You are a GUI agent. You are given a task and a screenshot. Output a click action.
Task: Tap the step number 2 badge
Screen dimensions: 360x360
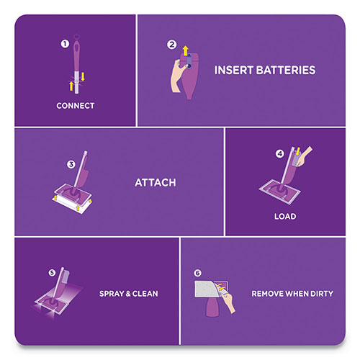point(171,45)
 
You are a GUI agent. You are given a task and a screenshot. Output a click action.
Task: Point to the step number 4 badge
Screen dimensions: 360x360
point(279,153)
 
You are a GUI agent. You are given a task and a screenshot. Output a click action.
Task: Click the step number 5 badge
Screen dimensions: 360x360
point(51,272)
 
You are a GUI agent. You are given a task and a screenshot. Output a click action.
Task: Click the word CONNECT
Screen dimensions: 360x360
point(76,106)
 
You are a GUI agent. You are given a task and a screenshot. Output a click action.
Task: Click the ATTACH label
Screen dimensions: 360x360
point(156,183)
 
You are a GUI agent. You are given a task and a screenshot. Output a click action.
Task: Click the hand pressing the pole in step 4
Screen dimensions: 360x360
point(305,153)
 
